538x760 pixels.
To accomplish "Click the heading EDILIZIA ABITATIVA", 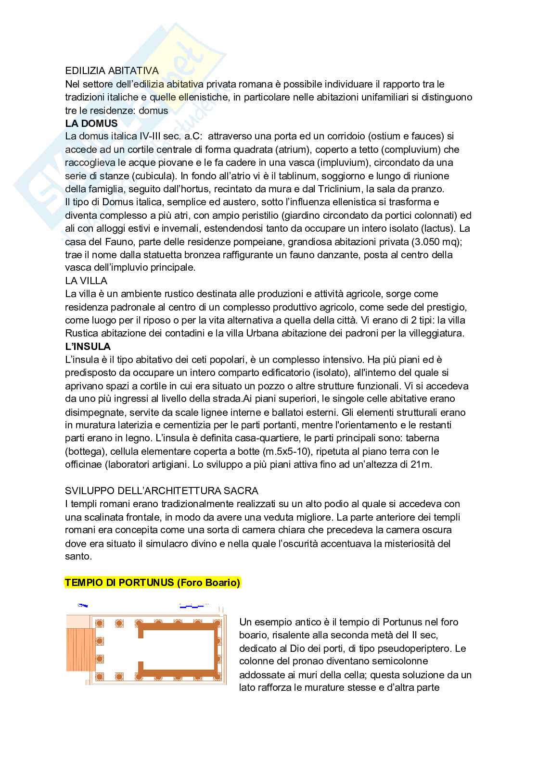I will coord(112,71).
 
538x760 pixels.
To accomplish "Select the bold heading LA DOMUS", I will coord(91,124).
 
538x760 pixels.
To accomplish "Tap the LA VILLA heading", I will coord(86,281).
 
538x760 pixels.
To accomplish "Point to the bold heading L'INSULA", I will coord(88,346).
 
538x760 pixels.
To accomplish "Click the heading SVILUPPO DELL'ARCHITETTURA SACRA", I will coord(162,491).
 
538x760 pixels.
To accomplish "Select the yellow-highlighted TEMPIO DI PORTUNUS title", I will coord(152,583).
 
